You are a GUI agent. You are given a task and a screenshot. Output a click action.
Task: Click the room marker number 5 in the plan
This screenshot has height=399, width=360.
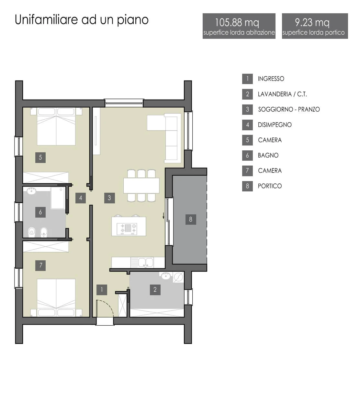click(x=40, y=157)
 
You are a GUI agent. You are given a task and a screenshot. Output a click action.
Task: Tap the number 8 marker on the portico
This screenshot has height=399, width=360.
click(x=191, y=220)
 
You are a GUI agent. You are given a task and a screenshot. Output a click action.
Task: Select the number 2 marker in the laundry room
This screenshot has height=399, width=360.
click(x=155, y=290)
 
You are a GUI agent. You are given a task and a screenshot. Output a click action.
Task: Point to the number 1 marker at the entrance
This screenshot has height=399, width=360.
click(x=102, y=290)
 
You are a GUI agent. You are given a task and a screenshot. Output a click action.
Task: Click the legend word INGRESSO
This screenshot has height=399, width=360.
click(x=271, y=79)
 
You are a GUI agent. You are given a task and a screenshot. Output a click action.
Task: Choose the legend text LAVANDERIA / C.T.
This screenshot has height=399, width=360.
click(x=282, y=94)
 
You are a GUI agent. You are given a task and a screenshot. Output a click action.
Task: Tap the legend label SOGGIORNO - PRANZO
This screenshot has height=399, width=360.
click(x=289, y=109)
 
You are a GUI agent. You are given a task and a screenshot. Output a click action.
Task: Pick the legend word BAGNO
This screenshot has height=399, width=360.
click(x=268, y=155)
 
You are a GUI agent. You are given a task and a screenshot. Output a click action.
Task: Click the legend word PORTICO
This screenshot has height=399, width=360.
click(x=270, y=186)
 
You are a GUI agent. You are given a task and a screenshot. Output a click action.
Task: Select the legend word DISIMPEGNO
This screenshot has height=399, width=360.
click(x=275, y=125)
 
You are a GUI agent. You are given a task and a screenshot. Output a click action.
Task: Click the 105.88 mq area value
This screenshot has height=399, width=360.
click(x=237, y=23)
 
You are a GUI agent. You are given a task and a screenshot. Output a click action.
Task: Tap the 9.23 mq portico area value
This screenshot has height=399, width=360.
click(x=312, y=23)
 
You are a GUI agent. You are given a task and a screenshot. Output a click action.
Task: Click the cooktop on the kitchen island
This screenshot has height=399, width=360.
click(x=127, y=229)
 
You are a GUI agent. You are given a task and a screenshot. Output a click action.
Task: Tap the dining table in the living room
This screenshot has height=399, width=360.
click(x=141, y=186)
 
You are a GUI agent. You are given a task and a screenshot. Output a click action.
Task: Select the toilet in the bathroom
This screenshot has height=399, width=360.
click(x=31, y=232)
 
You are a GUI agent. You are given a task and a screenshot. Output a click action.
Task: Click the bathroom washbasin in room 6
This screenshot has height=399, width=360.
click(x=31, y=191)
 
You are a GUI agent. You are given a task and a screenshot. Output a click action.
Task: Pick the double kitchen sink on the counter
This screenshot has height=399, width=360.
click(x=146, y=263)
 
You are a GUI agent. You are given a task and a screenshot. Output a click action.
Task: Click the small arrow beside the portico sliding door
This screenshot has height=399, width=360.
click(x=163, y=216)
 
